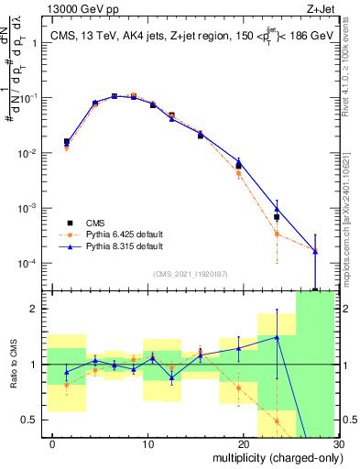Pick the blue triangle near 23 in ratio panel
pos(276,337)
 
